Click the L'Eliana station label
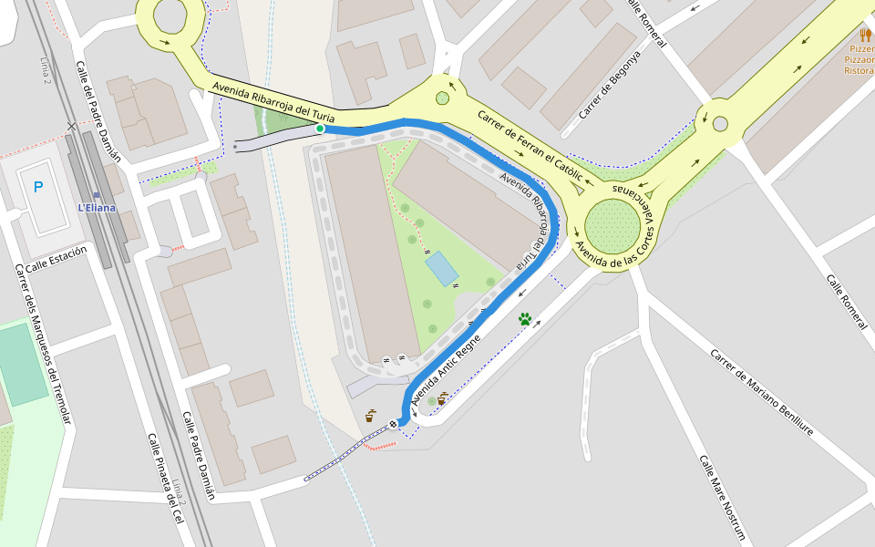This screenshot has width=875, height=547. click(x=97, y=207)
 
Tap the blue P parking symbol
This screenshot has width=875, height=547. click(x=38, y=188)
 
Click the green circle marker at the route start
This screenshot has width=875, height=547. click(x=320, y=129)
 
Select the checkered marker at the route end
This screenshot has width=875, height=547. click(x=393, y=423)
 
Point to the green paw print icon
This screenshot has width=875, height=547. click(x=525, y=319)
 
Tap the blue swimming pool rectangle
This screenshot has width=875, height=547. click(x=442, y=268)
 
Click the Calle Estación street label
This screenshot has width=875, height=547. click(x=57, y=258)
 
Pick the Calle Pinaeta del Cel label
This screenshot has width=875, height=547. click(x=164, y=479)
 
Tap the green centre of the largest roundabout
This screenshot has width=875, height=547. click(x=612, y=225)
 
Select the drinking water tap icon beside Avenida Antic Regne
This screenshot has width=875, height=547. click(x=442, y=398)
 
